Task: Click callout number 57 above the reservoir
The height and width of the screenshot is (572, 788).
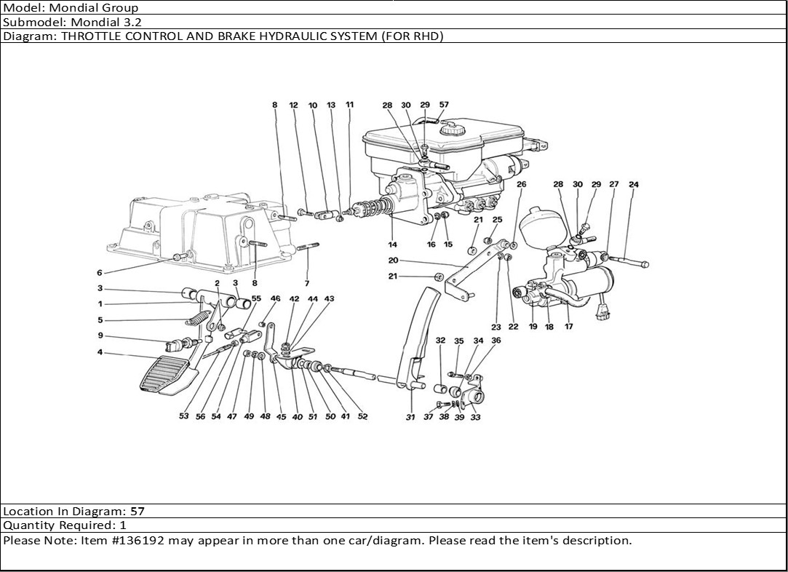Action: [x=444, y=105]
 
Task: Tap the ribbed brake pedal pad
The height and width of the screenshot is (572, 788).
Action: [x=166, y=375]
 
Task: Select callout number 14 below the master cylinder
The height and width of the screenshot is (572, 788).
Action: [x=392, y=245]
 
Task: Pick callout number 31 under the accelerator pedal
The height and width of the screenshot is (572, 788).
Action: [x=410, y=417]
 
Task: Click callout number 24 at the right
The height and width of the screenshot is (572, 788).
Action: [x=633, y=185]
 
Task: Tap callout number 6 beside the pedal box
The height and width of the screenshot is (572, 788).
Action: [x=100, y=273]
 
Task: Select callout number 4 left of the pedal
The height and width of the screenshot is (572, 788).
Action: [x=100, y=354]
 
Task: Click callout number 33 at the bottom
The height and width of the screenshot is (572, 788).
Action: [x=475, y=417]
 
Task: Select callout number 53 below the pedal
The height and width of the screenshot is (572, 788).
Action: [x=184, y=417]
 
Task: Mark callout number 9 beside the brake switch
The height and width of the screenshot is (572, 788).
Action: [x=100, y=336]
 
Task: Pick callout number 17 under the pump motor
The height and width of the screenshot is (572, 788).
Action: [x=568, y=327]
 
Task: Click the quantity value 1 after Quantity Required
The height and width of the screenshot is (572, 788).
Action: [x=123, y=525]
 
